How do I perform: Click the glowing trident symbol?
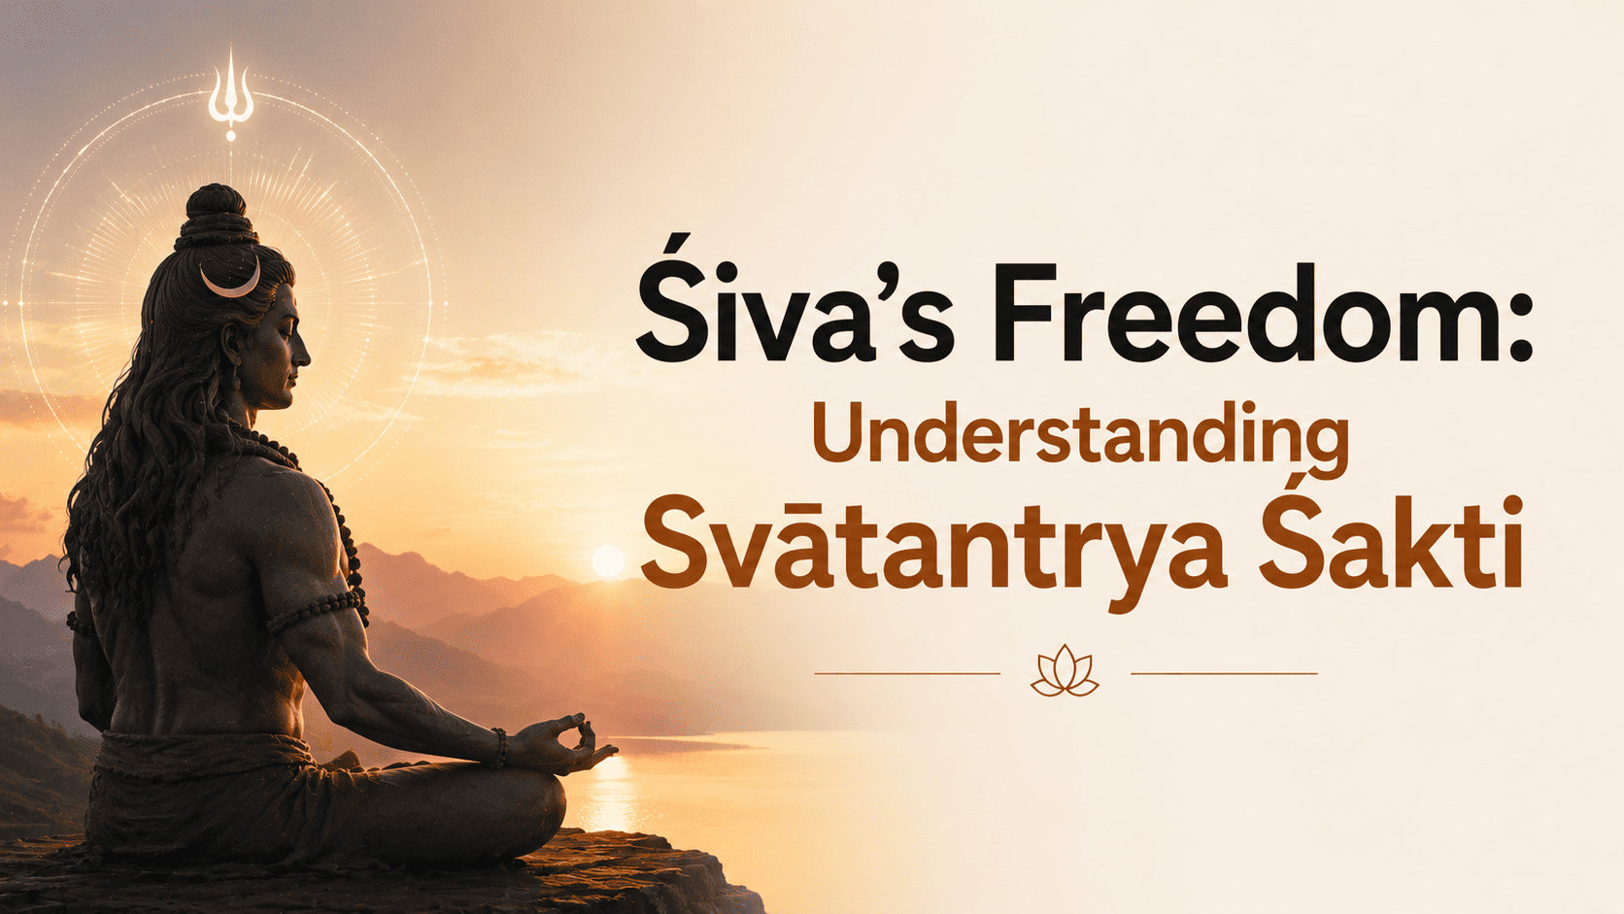(x=230, y=94)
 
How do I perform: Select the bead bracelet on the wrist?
(x=499, y=747)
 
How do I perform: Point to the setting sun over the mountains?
(x=608, y=561)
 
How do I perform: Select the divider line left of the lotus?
(x=907, y=673)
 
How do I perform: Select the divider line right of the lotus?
(x=1224, y=673)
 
